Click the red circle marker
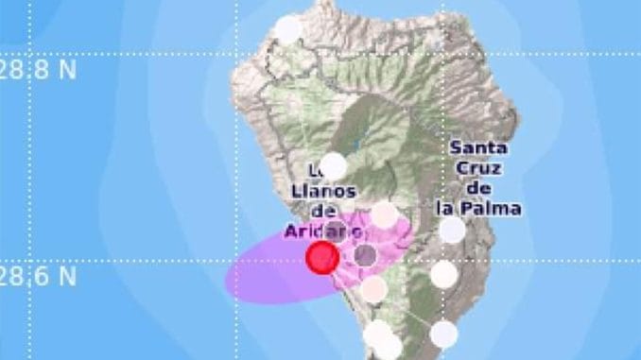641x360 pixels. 322,257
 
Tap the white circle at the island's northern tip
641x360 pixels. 287,28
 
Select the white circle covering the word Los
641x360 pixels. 334,166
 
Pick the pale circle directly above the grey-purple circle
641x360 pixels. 384,214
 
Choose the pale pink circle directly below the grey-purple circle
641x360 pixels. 373,289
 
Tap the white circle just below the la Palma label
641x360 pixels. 453,230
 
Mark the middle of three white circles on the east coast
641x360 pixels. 444,274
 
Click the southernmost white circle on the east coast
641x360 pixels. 443,334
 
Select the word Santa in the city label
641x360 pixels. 478,148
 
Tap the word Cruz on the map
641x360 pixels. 478,168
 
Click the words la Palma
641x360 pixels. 478,208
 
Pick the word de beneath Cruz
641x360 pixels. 478,188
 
